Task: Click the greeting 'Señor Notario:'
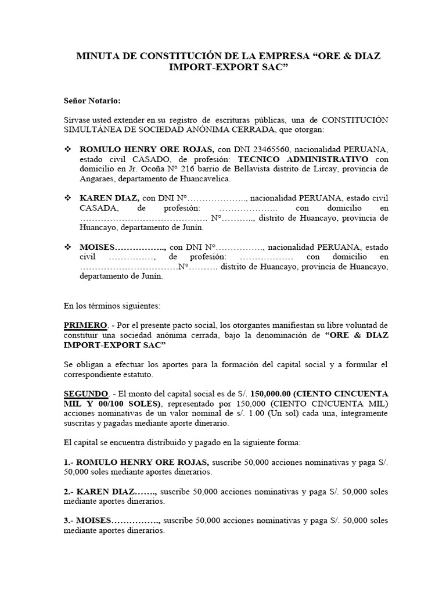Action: pyautogui.click(x=92, y=101)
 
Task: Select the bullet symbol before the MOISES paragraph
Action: pyautogui.click(x=67, y=247)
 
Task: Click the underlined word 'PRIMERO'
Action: pyautogui.click(x=85, y=325)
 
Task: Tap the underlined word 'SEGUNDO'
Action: pyautogui.click(x=86, y=393)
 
